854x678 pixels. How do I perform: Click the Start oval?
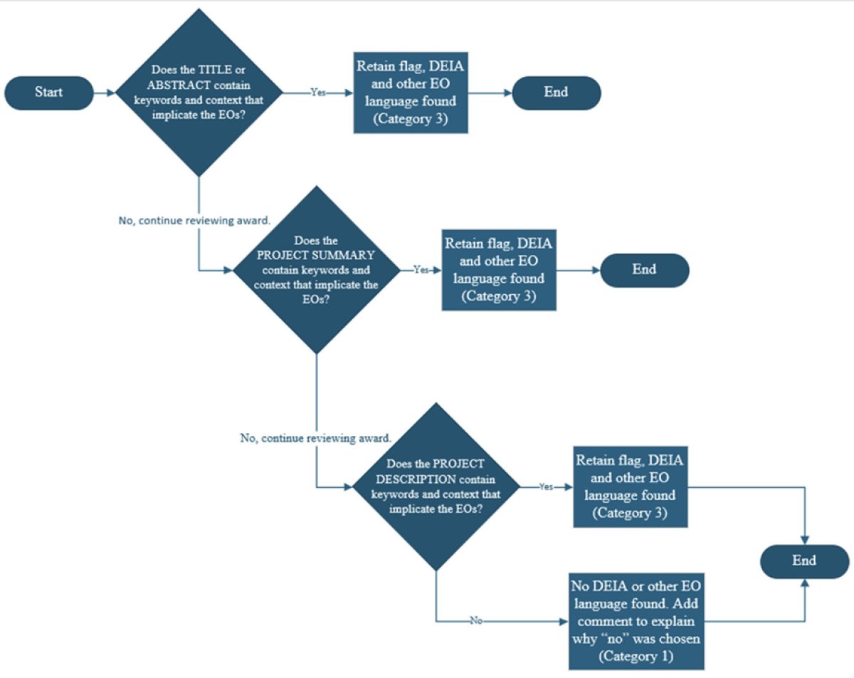tap(49, 93)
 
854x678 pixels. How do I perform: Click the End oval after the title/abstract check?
tap(556, 93)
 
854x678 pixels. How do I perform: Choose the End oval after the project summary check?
tap(644, 270)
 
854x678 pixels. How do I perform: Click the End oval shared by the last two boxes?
tap(804, 560)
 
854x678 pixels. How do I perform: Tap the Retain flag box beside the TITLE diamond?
tap(411, 92)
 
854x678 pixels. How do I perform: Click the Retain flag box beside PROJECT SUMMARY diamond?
tap(498, 270)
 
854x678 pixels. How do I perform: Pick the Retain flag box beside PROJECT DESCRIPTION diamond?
tap(631, 486)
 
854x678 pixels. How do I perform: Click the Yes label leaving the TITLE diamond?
tap(319, 93)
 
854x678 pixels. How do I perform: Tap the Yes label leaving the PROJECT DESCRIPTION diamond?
tap(546, 487)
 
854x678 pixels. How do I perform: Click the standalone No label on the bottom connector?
tap(476, 621)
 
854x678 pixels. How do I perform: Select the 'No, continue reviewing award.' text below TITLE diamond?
tap(194, 221)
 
